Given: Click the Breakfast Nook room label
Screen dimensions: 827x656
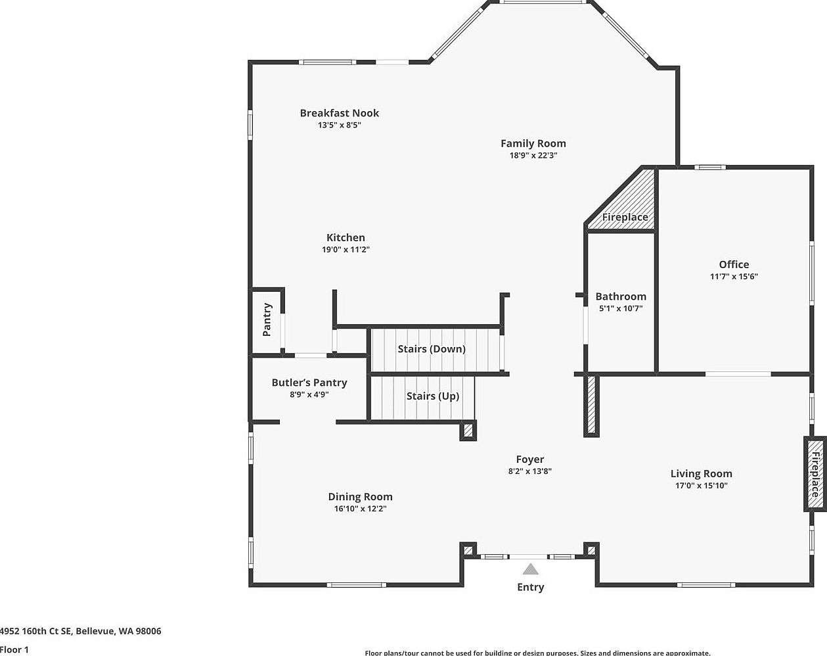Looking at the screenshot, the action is point(340,113).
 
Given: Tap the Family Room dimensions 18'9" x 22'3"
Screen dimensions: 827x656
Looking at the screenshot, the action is point(533,155).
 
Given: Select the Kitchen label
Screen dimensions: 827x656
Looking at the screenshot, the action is point(346,237).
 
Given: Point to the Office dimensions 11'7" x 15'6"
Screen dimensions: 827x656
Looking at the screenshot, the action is point(734,276).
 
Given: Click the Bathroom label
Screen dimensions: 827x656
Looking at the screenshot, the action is point(621,296).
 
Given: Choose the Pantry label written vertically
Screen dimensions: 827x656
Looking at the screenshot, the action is point(267,319).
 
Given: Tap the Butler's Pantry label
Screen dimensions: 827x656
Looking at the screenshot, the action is point(309,383).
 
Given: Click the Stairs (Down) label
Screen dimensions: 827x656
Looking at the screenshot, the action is point(432,349).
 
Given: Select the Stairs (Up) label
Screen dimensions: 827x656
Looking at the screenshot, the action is point(433,396).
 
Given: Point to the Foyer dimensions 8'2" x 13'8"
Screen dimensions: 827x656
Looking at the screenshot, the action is point(530,471).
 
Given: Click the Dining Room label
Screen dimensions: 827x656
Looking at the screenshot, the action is point(360,497).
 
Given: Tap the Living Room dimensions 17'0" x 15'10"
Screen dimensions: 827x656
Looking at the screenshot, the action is point(702,485).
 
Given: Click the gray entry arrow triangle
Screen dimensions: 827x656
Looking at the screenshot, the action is point(530,569).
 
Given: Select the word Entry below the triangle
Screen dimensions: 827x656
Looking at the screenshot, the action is point(530,587).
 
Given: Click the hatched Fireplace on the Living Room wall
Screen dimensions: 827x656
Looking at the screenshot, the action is point(815,474).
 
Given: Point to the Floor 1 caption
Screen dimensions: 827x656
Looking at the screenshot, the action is point(14,650).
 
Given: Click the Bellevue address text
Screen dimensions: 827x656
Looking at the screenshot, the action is point(80,631).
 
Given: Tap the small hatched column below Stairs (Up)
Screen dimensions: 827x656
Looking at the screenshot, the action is point(468,431).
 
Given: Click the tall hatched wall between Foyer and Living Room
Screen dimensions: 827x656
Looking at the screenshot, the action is point(591,406).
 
